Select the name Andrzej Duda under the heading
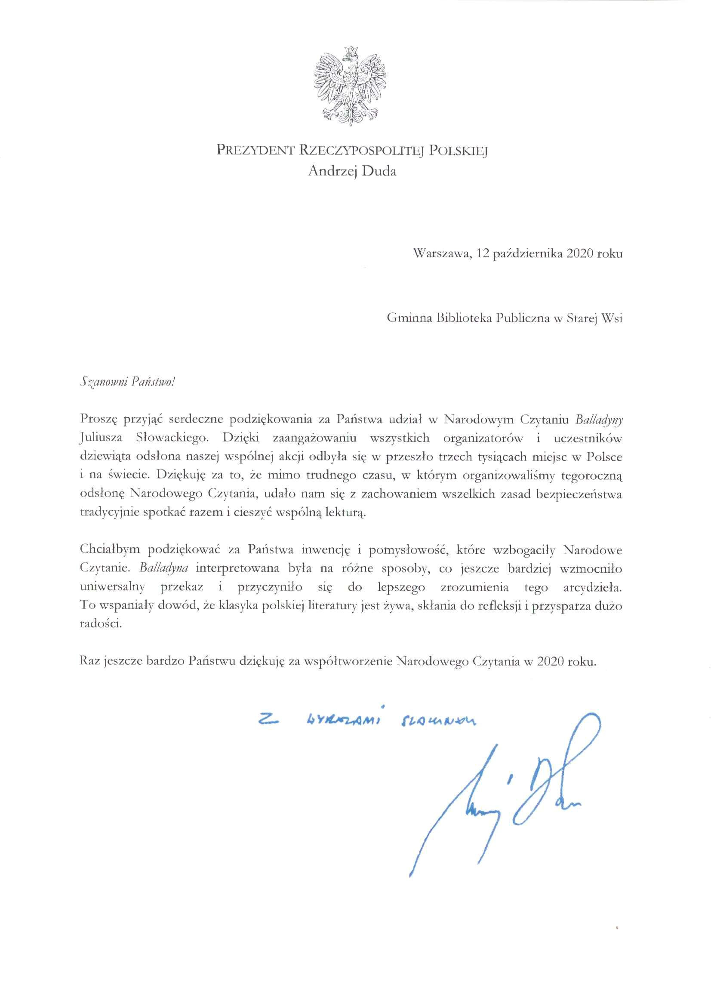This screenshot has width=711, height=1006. click(352, 171)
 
